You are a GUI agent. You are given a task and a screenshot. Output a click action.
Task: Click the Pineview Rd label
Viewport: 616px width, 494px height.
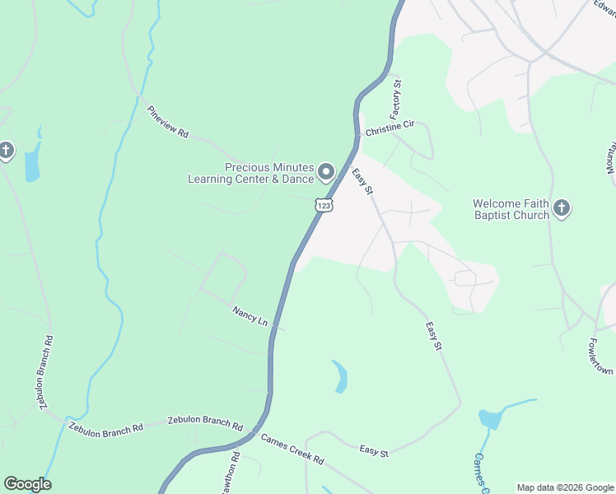coord(168,122)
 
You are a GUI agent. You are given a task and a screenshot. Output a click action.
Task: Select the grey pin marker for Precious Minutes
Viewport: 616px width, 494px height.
coord(326,173)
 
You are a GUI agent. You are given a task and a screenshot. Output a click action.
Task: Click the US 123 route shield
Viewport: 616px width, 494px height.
coord(324,204)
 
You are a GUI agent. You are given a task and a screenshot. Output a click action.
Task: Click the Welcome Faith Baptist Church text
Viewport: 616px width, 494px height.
coord(511,209)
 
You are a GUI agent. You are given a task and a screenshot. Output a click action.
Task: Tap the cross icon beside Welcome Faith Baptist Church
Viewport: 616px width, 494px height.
coord(562,207)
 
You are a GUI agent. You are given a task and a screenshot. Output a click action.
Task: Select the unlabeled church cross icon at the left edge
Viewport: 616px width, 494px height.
coord(6,151)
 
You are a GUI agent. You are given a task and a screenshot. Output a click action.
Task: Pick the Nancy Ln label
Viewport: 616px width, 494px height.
coord(250,315)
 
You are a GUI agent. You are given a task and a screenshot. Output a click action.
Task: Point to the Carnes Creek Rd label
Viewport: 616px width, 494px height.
coord(292,448)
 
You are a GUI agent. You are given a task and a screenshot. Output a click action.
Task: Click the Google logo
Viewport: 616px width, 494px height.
coord(27,484)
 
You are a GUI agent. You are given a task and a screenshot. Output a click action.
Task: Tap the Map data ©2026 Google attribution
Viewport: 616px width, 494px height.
coord(565,487)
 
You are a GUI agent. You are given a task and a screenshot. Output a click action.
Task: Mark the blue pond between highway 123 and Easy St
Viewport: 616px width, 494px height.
coord(339,376)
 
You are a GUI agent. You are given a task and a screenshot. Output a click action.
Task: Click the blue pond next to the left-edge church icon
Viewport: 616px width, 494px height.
coord(32,163)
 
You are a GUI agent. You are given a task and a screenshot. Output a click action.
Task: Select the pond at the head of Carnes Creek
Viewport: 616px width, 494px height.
coord(490,417)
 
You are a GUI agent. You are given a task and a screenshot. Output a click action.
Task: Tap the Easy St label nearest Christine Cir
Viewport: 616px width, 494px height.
coord(363,181)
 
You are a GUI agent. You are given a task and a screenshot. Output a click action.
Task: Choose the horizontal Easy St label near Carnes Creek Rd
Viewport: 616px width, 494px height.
coord(374,450)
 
